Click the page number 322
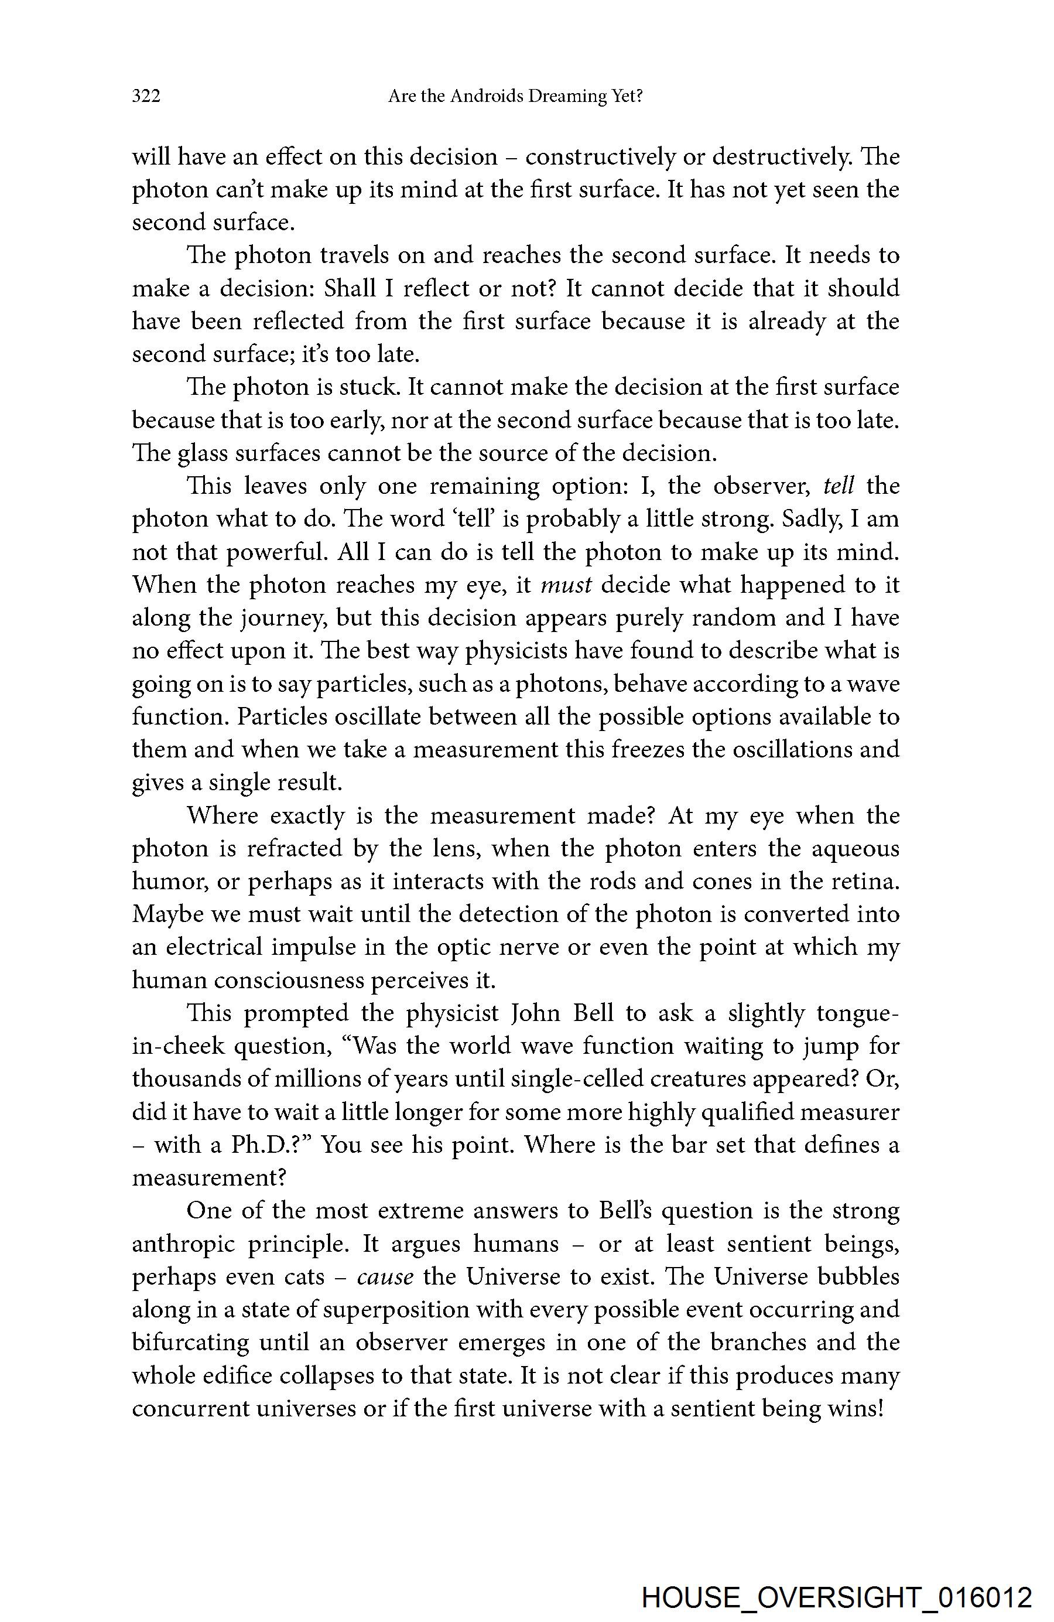coord(146,97)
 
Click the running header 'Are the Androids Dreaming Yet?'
coord(515,97)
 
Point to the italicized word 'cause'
coord(385,1276)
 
